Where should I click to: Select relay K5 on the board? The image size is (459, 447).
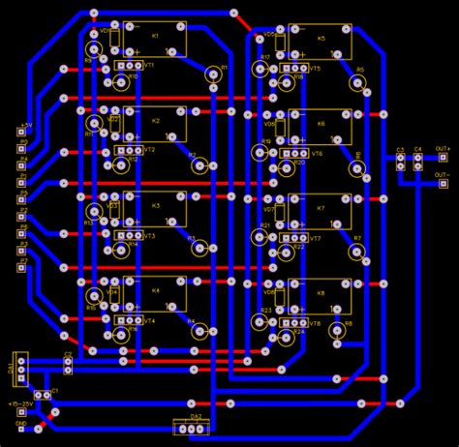(321, 40)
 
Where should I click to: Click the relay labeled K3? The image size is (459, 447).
(155, 209)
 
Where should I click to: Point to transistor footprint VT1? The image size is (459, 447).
(127, 65)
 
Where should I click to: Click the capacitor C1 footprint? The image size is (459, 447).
(43, 395)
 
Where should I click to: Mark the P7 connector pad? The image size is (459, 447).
(21, 270)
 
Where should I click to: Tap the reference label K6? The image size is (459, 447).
(321, 125)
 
